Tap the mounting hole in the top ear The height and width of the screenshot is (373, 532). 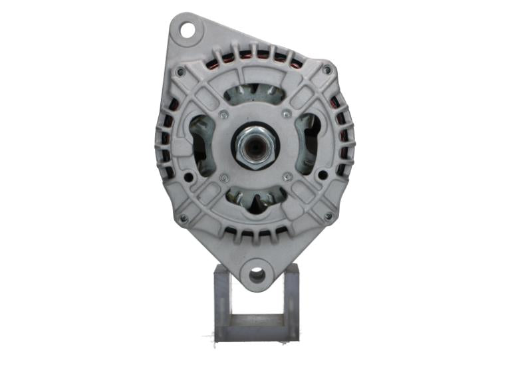(189, 29)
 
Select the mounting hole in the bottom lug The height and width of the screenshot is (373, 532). (257, 274)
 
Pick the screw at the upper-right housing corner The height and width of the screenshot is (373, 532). (327, 69)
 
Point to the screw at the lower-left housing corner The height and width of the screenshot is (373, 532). (183, 217)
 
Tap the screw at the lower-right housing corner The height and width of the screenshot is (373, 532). (328, 216)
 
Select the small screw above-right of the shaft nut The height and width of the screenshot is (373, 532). (286, 114)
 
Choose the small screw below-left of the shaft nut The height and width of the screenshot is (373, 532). (224, 178)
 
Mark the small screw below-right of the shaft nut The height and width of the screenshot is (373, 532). (287, 177)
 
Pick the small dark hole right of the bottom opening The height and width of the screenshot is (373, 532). (322, 175)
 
